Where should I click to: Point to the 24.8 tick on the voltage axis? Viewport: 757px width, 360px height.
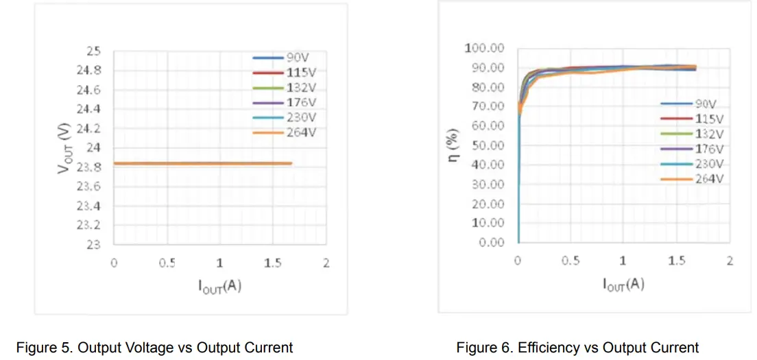pyautogui.click(x=88, y=71)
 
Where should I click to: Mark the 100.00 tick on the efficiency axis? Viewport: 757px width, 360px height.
pyautogui.click(x=484, y=48)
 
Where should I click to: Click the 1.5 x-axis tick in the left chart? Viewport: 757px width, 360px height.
pyautogui.click(x=273, y=263)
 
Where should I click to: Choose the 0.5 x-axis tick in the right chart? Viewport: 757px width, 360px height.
pyautogui.click(x=570, y=261)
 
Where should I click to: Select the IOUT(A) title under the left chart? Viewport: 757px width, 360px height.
pyautogui.click(x=219, y=285)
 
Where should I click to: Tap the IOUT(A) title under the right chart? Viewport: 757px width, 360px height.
pyautogui.click(x=623, y=283)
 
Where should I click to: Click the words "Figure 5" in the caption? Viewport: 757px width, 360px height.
pyautogui.click(x=44, y=348)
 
